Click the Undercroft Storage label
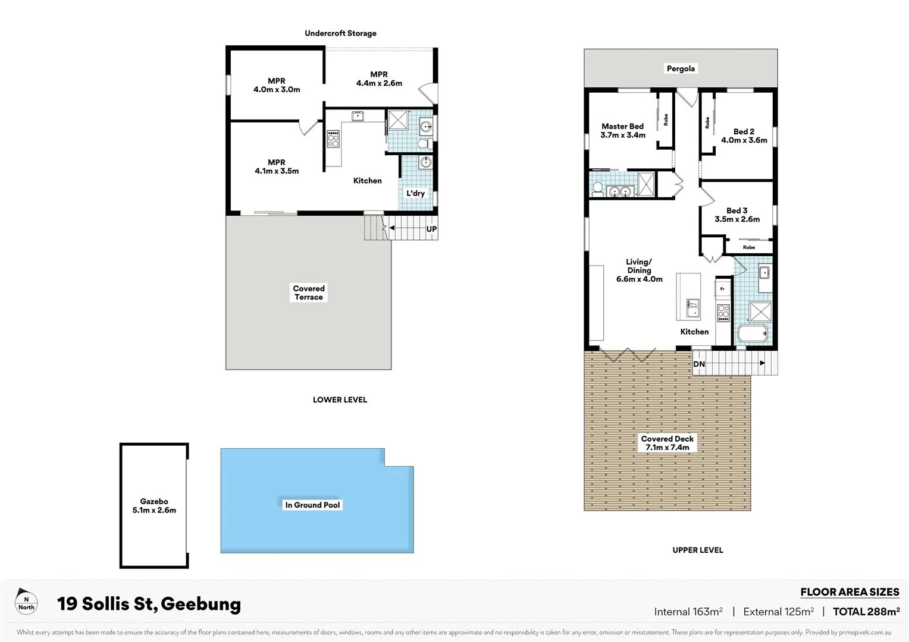pyautogui.click(x=340, y=33)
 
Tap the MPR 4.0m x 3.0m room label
pyautogui.click(x=277, y=85)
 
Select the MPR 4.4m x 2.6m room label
pyautogui.click(x=379, y=79)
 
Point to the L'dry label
pyautogui.click(x=415, y=193)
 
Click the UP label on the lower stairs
pyautogui.click(x=431, y=229)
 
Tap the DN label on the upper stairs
pyautogui.click(x=699, y=364)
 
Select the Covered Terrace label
pyautogui.click(x=309, y=292)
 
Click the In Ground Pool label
pyautogui.click(x=312, y=505)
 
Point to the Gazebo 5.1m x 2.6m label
pyautogui.click(x=154, y=506)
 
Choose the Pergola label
pyautogui.click(x=681, y=68)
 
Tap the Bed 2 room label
pyautogui.click(x=744, y=136)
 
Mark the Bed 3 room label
pyautogui.click(x=737, y=215)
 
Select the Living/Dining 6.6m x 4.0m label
pyautogui.click(x=639, y=270)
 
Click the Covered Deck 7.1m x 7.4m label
pyautogui.click(x=667, y=443)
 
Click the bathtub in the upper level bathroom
pyautogui.click(x=753, y=333)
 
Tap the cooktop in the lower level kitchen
pyautogui.click(x=333, y=139)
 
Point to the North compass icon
pyautogui.click(x=26, y=603)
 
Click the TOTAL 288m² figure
pyautogui.click(x=866, y=612)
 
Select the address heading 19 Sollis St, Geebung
pyautogui.click(x=149, y=604)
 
